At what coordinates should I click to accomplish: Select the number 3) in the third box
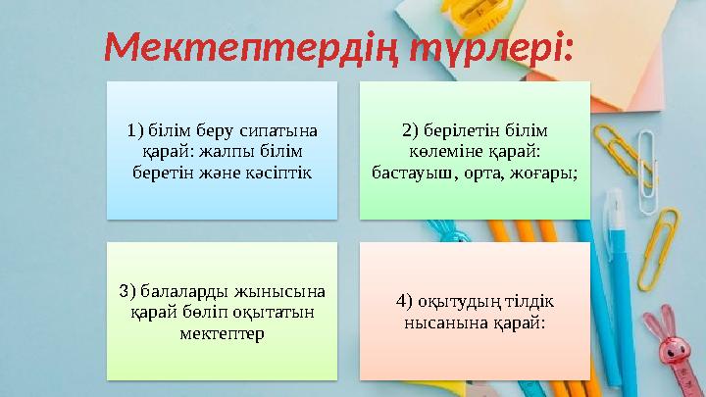click(x=127, y=291)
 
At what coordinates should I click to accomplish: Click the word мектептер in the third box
click(x=222, y=332)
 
